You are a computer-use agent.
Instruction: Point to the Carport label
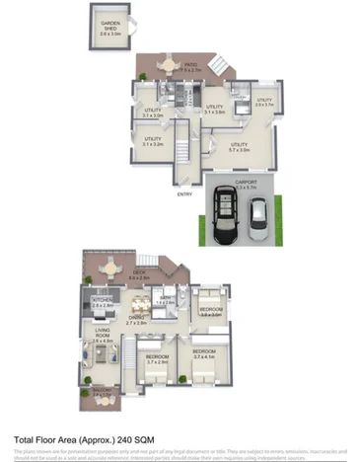coord(246,184)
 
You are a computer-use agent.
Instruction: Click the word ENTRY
coord(184,194)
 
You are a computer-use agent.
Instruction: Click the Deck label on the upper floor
coord(139,276)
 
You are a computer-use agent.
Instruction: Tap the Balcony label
coord(102,392)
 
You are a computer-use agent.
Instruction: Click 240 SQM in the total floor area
coord(132,441)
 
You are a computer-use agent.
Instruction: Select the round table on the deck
coord(164,272)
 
